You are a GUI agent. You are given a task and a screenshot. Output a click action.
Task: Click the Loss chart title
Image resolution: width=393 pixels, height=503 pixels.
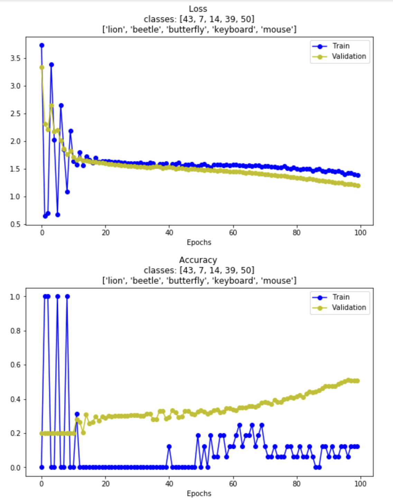(198, 9)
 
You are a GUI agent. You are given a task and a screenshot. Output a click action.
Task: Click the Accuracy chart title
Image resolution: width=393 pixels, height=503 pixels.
(198, 260)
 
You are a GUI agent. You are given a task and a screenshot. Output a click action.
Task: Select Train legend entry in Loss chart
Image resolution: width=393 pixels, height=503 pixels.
(340, 46)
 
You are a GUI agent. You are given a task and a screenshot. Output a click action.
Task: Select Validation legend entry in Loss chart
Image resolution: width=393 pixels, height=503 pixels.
(348, 56)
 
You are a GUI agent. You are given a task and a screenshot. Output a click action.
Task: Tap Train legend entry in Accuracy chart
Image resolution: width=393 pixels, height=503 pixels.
(340, 297)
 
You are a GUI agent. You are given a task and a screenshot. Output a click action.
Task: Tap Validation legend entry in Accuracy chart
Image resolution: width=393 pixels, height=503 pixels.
(348, 308)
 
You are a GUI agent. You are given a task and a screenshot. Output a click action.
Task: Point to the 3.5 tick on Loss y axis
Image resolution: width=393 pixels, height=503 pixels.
(16, 58)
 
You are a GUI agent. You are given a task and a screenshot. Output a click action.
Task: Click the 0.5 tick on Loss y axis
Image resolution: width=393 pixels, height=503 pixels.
(16, 225)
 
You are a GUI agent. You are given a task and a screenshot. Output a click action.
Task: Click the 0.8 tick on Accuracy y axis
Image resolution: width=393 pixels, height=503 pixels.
(16, 331)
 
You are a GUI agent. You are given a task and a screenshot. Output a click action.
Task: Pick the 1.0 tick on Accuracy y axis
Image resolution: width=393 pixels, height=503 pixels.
(16, 297)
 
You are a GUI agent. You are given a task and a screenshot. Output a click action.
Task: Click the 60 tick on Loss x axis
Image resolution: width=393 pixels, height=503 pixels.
(233, 233)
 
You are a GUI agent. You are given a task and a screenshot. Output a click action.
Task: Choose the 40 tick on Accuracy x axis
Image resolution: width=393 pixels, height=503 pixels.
(169, 484)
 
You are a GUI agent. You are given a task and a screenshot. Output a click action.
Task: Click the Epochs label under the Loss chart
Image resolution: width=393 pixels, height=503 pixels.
(199, 243)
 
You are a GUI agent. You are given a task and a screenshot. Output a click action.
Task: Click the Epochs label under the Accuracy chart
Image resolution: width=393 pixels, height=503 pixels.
(199, 494)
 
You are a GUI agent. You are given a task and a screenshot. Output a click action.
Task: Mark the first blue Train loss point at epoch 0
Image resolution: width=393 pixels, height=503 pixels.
(42, 45)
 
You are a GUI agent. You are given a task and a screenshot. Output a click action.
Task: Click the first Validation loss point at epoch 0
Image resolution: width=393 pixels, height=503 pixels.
(42, 67)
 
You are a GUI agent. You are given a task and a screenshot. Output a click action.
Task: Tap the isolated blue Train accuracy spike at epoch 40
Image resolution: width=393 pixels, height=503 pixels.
(169, 447)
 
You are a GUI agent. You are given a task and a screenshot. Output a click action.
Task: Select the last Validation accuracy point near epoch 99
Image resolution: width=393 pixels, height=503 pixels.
(357, 381)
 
